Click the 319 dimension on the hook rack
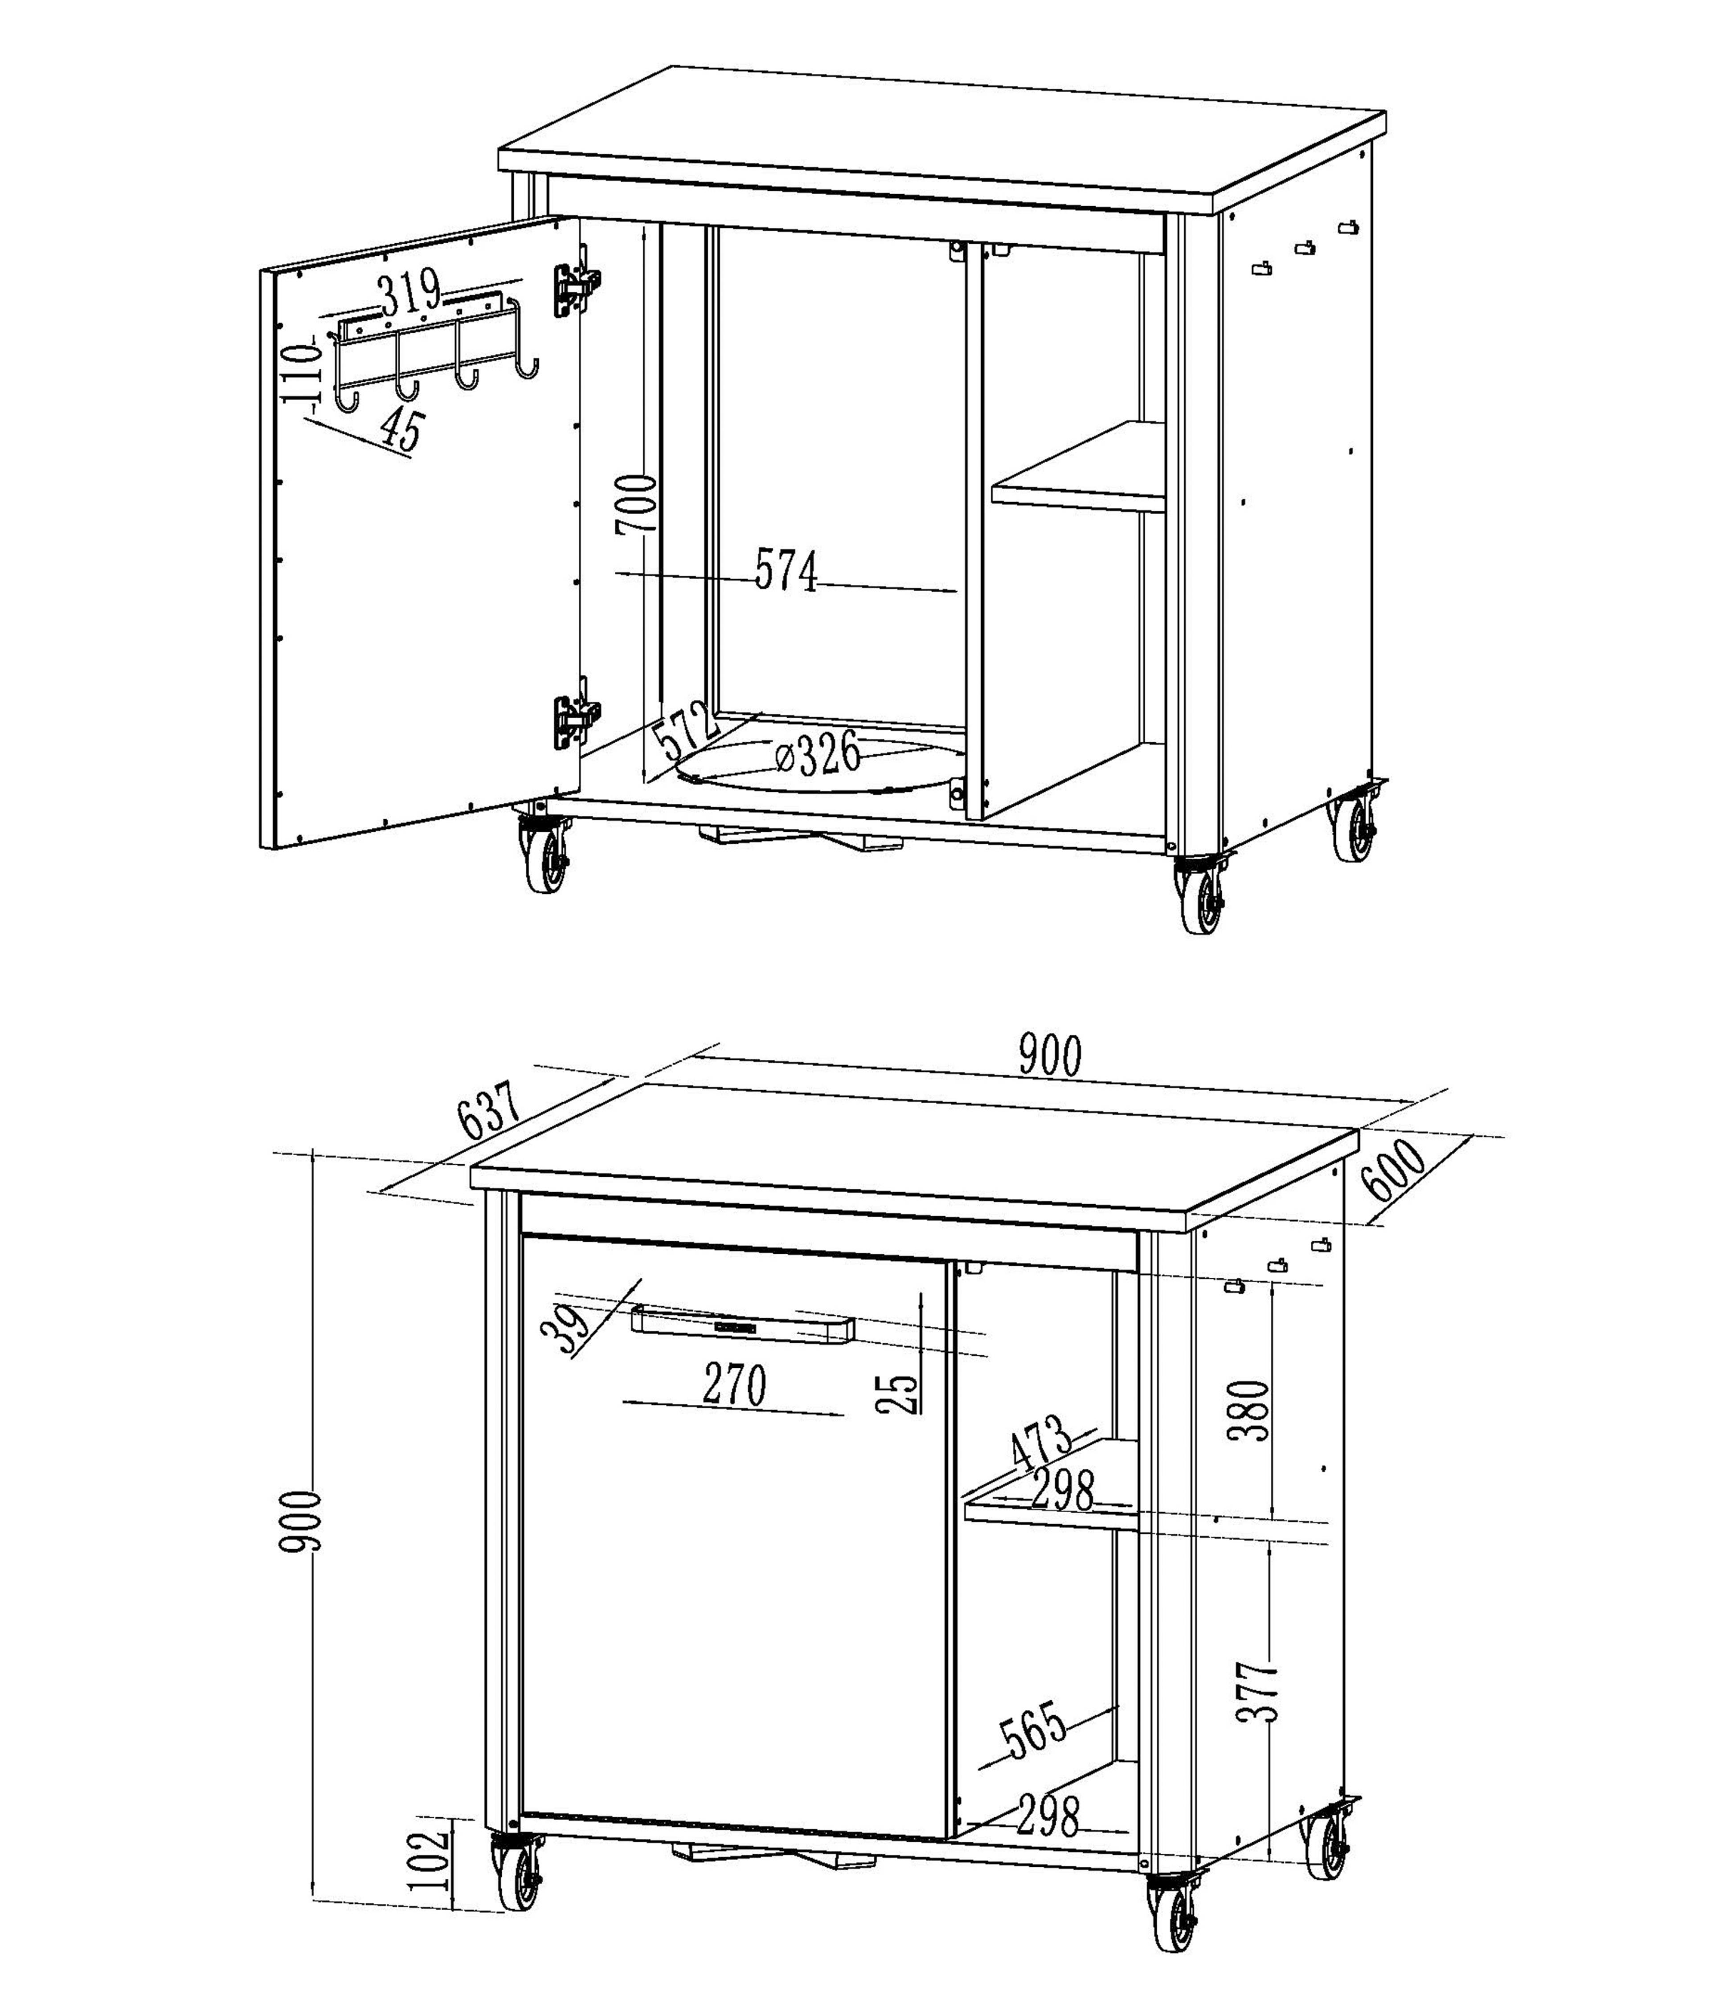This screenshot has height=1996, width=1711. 409,292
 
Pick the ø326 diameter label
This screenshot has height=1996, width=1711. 817,754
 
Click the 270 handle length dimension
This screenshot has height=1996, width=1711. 734,1385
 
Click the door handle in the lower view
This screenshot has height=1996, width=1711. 742,1325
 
